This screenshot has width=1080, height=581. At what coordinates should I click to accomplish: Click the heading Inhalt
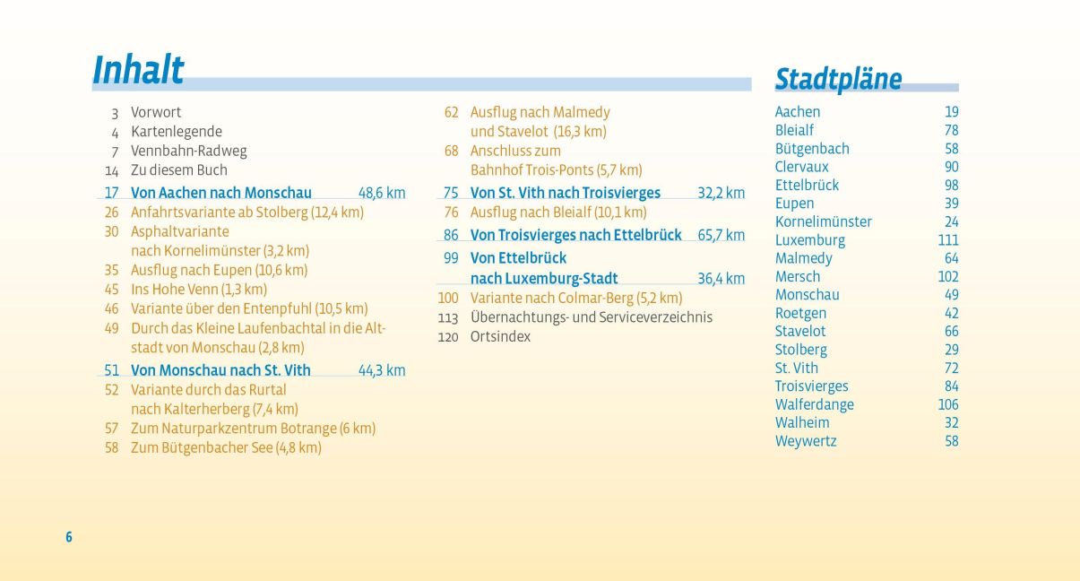click(x=138, y=70)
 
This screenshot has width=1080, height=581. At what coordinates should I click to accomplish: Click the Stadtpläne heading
click(x=838, y=79)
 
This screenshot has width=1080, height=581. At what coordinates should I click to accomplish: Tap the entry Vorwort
click(x=156, y=112)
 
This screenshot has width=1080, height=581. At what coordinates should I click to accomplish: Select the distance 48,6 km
click(x=382, y=193)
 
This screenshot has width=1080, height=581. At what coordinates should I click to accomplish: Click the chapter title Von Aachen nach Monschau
click(x=221, y=193)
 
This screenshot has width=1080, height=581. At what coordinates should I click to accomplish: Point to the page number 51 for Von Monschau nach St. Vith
click(x=111, y=370)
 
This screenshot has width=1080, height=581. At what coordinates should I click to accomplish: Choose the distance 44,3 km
click(x=382, y=370)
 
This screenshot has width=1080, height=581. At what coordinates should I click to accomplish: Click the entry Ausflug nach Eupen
click(x=219, y=270)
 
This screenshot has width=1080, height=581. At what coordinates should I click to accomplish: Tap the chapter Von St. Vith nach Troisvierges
click(x=566, y=193)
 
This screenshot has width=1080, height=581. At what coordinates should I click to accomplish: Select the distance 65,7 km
click(x=721, y=235)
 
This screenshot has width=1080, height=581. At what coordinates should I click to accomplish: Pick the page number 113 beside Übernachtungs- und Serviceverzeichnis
click(x=448, y=317)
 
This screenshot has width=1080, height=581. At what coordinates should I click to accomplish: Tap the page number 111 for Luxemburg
click(x=948, y=240)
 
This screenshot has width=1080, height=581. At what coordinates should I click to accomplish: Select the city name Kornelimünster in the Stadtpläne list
click(x=823, y=221)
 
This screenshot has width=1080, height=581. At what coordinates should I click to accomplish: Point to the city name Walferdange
click(x=815, y=404)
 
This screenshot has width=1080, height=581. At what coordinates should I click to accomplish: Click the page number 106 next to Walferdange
click(x=947, y=404)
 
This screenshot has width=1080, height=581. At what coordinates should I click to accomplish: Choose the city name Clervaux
click(x=802, y=167)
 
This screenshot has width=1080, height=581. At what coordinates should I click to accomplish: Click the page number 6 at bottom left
click(x=68, y=537)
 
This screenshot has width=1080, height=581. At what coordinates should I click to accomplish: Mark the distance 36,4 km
click(x=721, y=279)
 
